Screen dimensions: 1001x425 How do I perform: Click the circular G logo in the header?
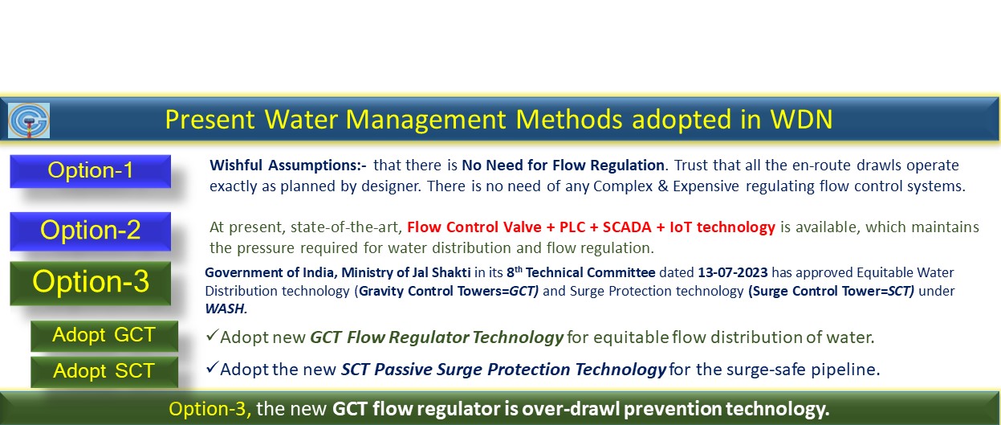point(29,120)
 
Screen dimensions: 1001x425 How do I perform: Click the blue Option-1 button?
point(90,171)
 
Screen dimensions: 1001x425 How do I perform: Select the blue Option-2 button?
point(90,231)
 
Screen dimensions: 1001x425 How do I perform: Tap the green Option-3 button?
point(90,283)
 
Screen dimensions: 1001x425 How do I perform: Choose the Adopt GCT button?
point(104,336)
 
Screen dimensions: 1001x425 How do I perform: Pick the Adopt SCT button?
point(104,371)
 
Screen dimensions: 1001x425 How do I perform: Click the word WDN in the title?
point(802,120)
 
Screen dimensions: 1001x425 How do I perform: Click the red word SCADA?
point(627,227)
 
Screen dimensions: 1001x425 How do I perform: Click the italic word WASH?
point(226,309)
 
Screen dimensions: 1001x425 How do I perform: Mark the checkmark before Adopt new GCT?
point(212,335)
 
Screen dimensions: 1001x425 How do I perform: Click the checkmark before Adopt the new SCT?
point(212,367)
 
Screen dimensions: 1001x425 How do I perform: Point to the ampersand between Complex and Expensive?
point(663,186)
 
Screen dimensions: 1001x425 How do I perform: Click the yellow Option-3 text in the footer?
point(210,409)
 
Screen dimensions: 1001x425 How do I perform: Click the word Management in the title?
point(425,120)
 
